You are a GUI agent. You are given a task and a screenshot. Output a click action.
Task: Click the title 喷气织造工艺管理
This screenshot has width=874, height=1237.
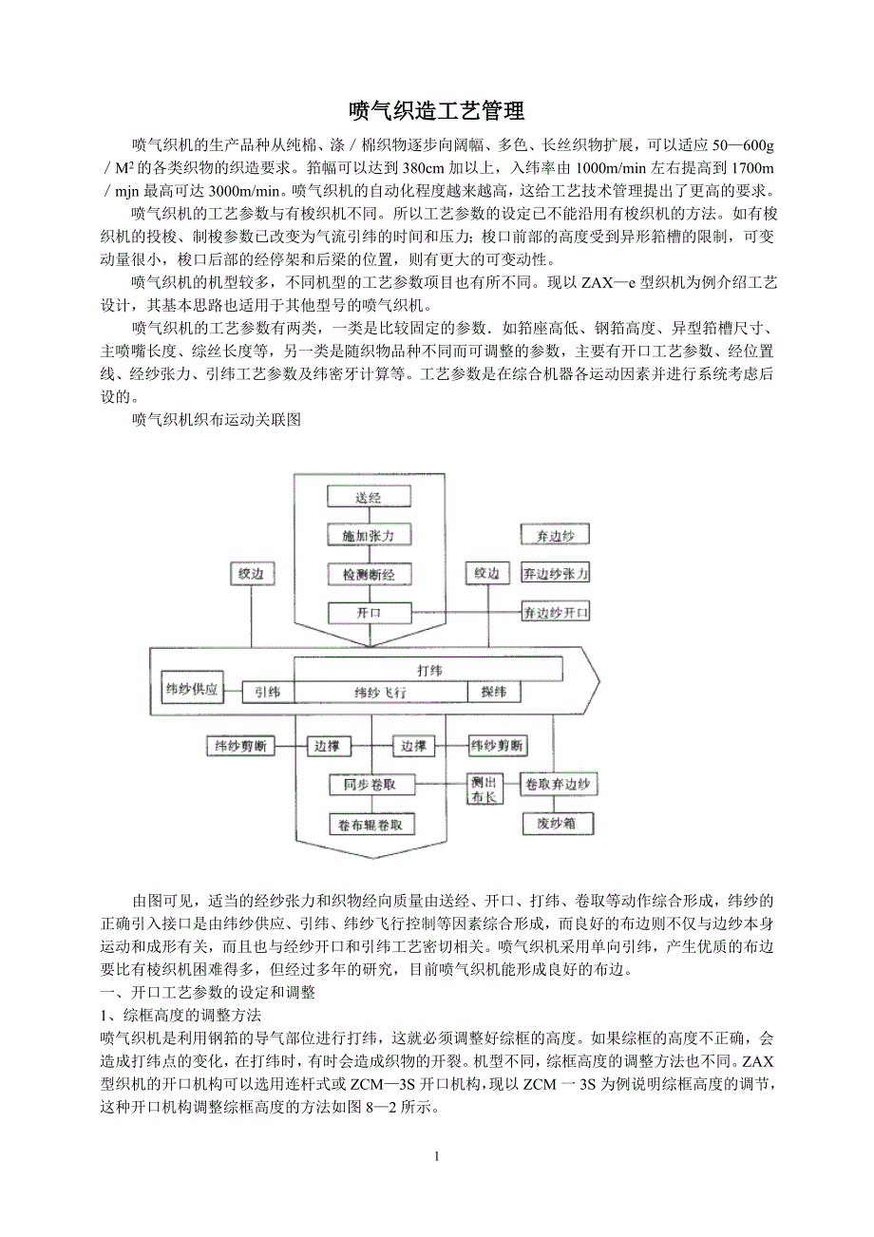[437, 111]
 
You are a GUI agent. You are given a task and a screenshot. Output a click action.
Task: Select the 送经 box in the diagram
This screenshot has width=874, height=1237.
[369, 497]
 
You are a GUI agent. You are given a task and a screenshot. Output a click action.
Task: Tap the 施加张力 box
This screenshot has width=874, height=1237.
[369, 536]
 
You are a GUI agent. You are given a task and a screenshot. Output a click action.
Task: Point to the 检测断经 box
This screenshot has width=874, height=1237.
[369, 575]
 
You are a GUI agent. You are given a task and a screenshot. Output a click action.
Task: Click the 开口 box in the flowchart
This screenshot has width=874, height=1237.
[369, 613]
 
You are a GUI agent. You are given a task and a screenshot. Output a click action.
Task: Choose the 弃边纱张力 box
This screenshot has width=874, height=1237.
[556, 574]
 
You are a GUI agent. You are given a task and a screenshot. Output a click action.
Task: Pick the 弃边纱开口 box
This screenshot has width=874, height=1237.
[556, 613]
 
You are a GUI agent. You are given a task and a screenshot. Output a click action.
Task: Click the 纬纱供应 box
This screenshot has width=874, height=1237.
[192, 689]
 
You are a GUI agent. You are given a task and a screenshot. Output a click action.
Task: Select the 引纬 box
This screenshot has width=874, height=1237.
[267, 693]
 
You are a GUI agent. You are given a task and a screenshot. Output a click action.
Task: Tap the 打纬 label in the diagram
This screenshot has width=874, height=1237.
[429, 670]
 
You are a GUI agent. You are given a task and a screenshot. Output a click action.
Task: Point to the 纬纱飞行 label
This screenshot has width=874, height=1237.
[380, 694]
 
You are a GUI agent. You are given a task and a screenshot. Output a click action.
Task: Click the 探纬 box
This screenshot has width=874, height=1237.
[494, 693]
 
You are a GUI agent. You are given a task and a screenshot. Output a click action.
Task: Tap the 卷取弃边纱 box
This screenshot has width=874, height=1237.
[558, 785]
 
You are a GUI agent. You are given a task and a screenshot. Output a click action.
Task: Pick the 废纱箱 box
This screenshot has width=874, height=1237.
[558, 824]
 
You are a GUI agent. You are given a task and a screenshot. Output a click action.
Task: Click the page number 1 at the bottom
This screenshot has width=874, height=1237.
[436, 1156]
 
